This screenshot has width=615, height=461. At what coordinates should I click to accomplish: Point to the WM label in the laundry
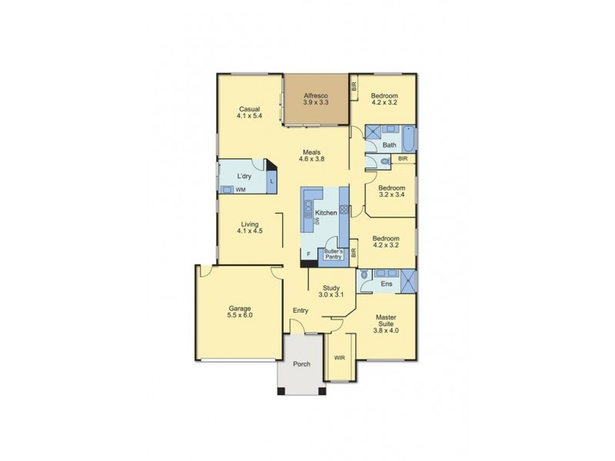pyautogui.click(x=241, y=189)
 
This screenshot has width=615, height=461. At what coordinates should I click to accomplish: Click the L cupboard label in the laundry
pyautogui.click(x=271, y=181)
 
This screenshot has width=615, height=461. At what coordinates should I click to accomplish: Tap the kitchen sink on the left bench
pyautogui.click(x=307, y=207)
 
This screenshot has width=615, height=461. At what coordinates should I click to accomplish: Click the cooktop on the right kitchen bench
pyautogui.click(x=344, y=208)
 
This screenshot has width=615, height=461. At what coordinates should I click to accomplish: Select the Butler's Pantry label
pyautogui.click(x=332, y=254)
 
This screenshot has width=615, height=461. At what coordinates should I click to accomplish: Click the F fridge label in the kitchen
pyautogui.click(x=308, y=253)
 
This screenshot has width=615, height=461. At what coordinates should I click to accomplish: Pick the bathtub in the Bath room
pyautogui.click(x=407, y=138)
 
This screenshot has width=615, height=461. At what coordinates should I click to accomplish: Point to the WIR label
pyautogui.click(x=338, y=357)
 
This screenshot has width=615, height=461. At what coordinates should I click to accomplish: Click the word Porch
pyautogui.click(x=301, y=363)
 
